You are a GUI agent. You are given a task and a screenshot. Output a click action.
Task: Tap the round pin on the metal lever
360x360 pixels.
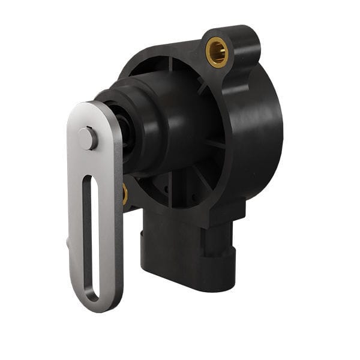[88, 139]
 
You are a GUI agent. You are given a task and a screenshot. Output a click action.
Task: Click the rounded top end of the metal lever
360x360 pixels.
[90, 111]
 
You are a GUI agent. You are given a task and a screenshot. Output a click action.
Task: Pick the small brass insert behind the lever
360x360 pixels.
[125, 194]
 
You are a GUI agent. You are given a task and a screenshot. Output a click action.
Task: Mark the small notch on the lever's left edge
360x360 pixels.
[68, 242]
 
